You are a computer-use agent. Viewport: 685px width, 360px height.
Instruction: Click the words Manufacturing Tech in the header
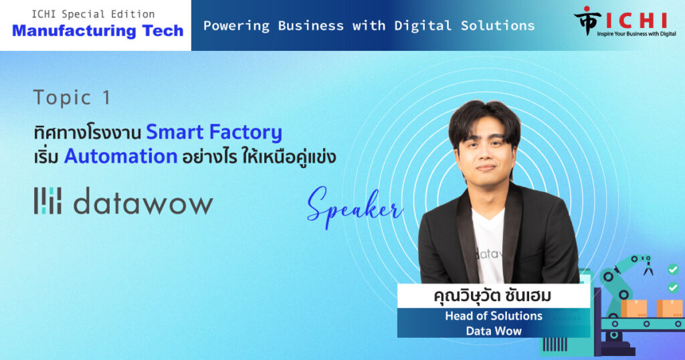coord(98,31)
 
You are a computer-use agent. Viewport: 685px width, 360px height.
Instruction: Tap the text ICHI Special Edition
coord(93,14)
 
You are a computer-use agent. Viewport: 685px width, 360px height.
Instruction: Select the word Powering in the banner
coord(236,26)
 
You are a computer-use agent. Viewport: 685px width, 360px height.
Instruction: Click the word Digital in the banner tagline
coord(423,26)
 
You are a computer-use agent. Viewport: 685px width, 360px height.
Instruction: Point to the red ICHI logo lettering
coord(637,20)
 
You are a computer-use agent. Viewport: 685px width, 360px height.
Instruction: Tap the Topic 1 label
coord(72,98)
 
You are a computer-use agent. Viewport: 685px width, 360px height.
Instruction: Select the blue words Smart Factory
coord(214,132)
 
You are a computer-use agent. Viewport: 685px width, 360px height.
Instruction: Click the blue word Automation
coord(120,156)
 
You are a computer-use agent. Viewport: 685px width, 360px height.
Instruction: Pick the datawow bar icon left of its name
coord(47,201)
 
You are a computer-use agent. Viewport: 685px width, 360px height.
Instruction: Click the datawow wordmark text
coord(143,201)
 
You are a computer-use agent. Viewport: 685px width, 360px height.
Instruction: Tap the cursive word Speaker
coord(355,207)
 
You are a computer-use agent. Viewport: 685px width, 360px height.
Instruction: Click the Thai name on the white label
coord(492,296)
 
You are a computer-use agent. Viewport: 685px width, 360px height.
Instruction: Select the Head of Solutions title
coord(494,316)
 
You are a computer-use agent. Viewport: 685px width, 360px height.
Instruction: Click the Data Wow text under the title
coord(494,331)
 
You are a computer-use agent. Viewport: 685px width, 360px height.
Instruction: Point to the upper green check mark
coord(673,270)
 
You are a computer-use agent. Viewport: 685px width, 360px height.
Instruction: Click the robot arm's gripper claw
coord(648,266)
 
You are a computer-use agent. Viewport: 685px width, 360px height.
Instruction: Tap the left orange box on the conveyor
coord(634,308)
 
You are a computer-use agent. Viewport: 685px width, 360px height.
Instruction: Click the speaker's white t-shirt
coord(488,246)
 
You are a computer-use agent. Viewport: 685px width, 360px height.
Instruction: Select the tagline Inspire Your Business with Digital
coord(637,34)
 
